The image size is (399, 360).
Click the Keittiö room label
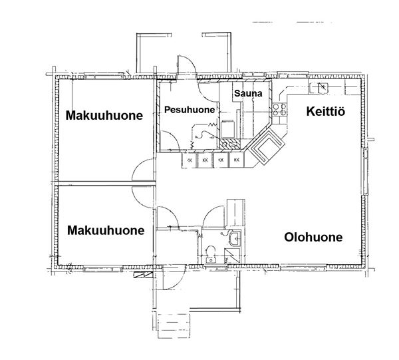pos(325,112)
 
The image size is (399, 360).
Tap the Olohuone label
pos(313,237)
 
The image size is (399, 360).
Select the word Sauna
pos(248,93)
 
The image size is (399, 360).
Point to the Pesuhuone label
pos(190,110)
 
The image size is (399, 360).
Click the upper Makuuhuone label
pos(104,115)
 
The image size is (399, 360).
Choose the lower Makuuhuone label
pos(106,230)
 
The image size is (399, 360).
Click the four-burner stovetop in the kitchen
pos(279,110)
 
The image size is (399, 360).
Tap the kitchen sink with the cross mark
pos(319,88)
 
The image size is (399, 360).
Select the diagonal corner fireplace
pos(266,146)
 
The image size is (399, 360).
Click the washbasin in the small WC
pos(234,238)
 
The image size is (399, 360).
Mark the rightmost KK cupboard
pos(236,160)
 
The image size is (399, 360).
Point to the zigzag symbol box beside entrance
pos(143,275)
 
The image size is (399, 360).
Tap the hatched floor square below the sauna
pos(230,144)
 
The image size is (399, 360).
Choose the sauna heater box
pos(227,129)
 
